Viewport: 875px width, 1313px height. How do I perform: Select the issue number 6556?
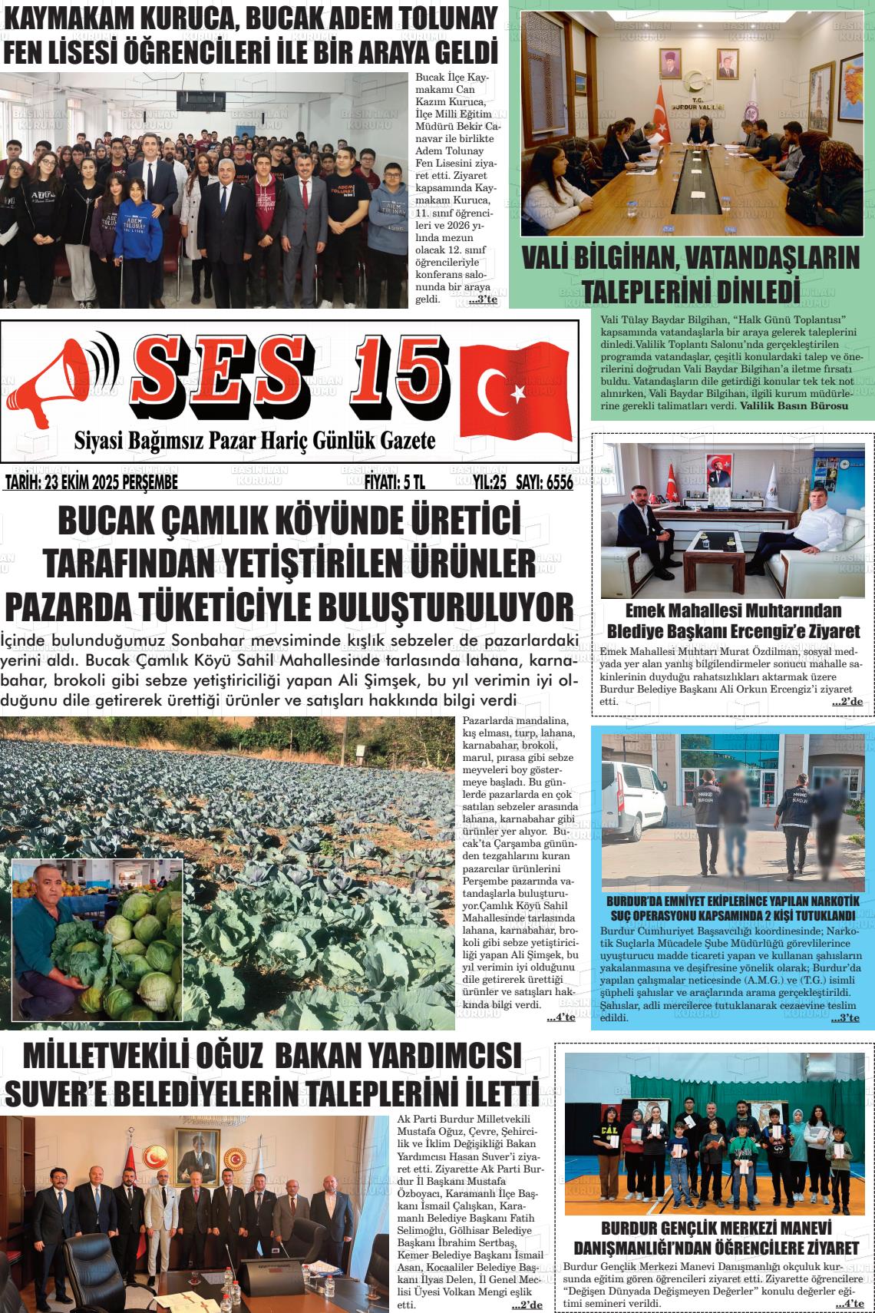pos(556,482)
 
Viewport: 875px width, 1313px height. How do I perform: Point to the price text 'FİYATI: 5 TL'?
pos(394,482)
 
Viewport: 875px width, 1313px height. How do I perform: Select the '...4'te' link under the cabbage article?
pos(561,1017)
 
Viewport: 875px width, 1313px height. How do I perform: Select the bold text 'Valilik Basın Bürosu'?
pos(794,405)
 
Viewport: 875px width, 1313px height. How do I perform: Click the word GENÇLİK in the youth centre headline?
pos(695,1228)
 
